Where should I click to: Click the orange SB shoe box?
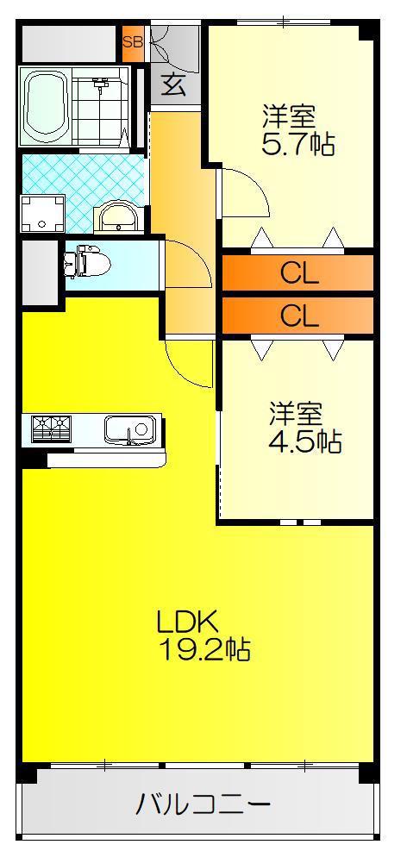[x=132, y=41]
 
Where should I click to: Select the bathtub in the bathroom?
[x=46, y=105]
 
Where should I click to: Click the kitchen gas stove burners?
[x=52, y=428]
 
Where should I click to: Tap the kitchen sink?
[x=130, y=429]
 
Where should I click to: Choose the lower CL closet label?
[x=299, y=316]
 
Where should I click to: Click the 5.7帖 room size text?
[x=298, y=144]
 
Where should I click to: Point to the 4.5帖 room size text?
[x=305, y=441]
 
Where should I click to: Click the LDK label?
[x=188, y=621]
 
